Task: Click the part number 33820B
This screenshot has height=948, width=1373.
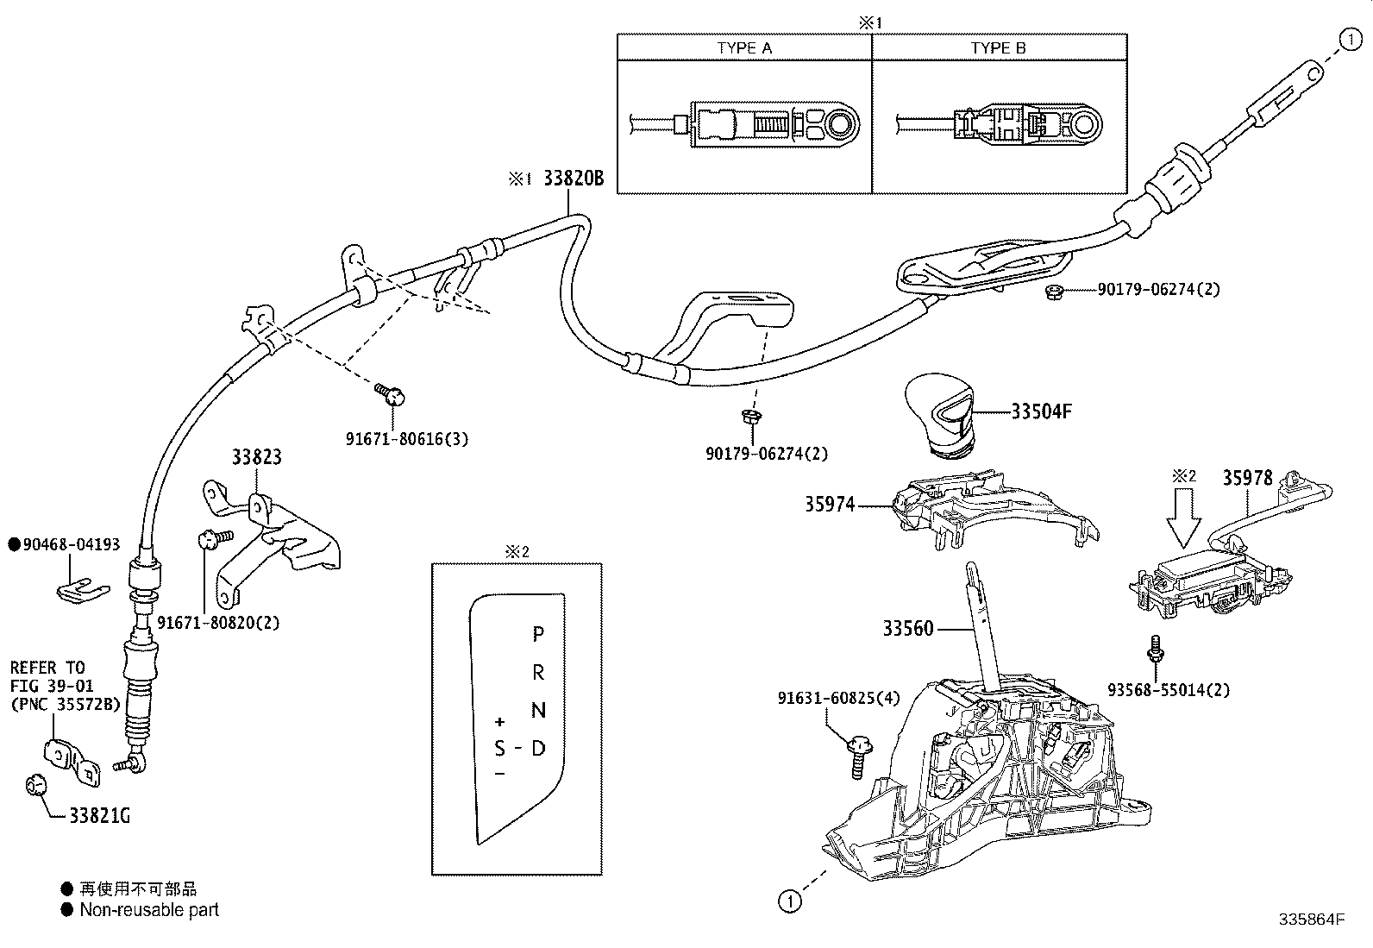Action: (574, 179)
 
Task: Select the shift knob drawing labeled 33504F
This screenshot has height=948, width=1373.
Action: (939, 413)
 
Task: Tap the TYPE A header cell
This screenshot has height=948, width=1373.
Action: (744, 47)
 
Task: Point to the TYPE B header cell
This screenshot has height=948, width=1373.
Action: (999, 47)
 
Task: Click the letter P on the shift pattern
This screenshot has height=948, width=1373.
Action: (538, 635)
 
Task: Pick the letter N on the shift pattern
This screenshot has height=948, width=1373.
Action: (538, 710)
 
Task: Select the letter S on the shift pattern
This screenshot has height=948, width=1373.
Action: (499, 748)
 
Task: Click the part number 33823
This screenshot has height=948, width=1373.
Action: (256, 457)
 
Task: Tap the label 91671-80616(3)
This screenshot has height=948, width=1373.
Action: (407, 439)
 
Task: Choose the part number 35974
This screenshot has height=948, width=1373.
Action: (830, 505)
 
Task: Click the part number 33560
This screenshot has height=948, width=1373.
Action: (907, 629)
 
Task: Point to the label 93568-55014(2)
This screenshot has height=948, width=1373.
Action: (1169, 689)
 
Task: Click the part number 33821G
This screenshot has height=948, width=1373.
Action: (100, 815)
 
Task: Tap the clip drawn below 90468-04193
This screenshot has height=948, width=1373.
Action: (82, 588)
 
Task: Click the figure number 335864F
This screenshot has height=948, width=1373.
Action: (1312, 920)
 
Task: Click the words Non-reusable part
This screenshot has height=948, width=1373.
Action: (149, 909)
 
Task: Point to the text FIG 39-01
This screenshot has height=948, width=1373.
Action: (52, 686)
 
